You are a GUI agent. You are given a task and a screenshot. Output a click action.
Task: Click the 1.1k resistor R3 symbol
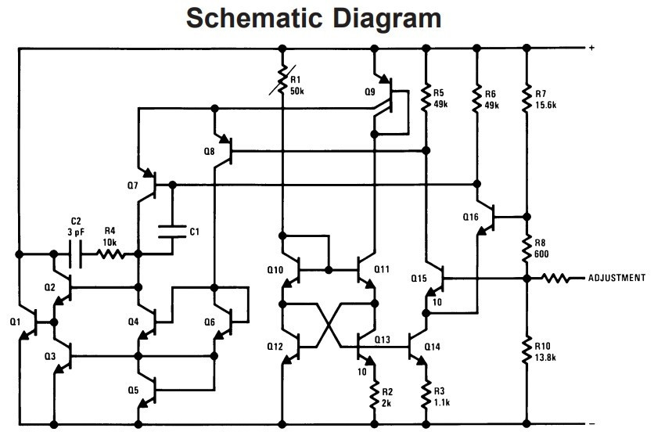(x=426, y=394)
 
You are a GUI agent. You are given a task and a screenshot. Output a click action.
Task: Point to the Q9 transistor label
(x=370, y=92)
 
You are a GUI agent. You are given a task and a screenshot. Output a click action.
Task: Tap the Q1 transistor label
(x=15, y=321)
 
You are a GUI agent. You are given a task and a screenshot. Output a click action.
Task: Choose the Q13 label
(x=383, y=339)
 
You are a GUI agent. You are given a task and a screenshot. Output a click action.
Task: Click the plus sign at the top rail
(x=591, y=49)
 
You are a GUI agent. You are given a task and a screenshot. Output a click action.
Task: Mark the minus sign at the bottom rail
(x=591, y=425)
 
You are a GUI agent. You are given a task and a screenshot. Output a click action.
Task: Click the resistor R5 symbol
(x=426, y=95)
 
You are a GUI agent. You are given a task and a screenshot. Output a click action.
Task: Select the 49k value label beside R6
(x=492, y=104)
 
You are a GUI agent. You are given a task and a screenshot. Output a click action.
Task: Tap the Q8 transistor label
(x=207, y=150)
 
